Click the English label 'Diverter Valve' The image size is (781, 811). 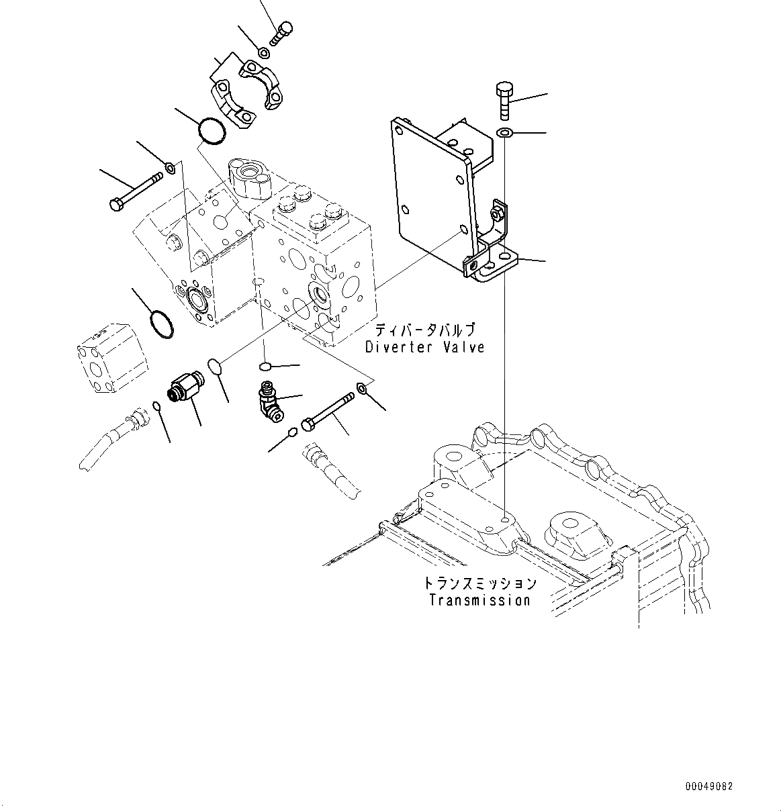pyautogui.click(x=424, y=347)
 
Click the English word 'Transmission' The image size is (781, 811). pyautogui.click(x=479, y=600)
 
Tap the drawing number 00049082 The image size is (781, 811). pyautogui.click(x=709, y=786)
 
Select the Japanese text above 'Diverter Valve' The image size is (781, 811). pyautogui.click(x=425, y=330)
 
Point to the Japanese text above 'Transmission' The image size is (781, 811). pyautogui.click(x=480, y=583)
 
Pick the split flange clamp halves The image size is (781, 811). pyautogui.click(x=247, y=91)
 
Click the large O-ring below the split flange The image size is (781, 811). pyautogui.click(x=212, y=131)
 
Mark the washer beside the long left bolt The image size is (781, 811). pyautogui.click(x=169, y=166)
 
